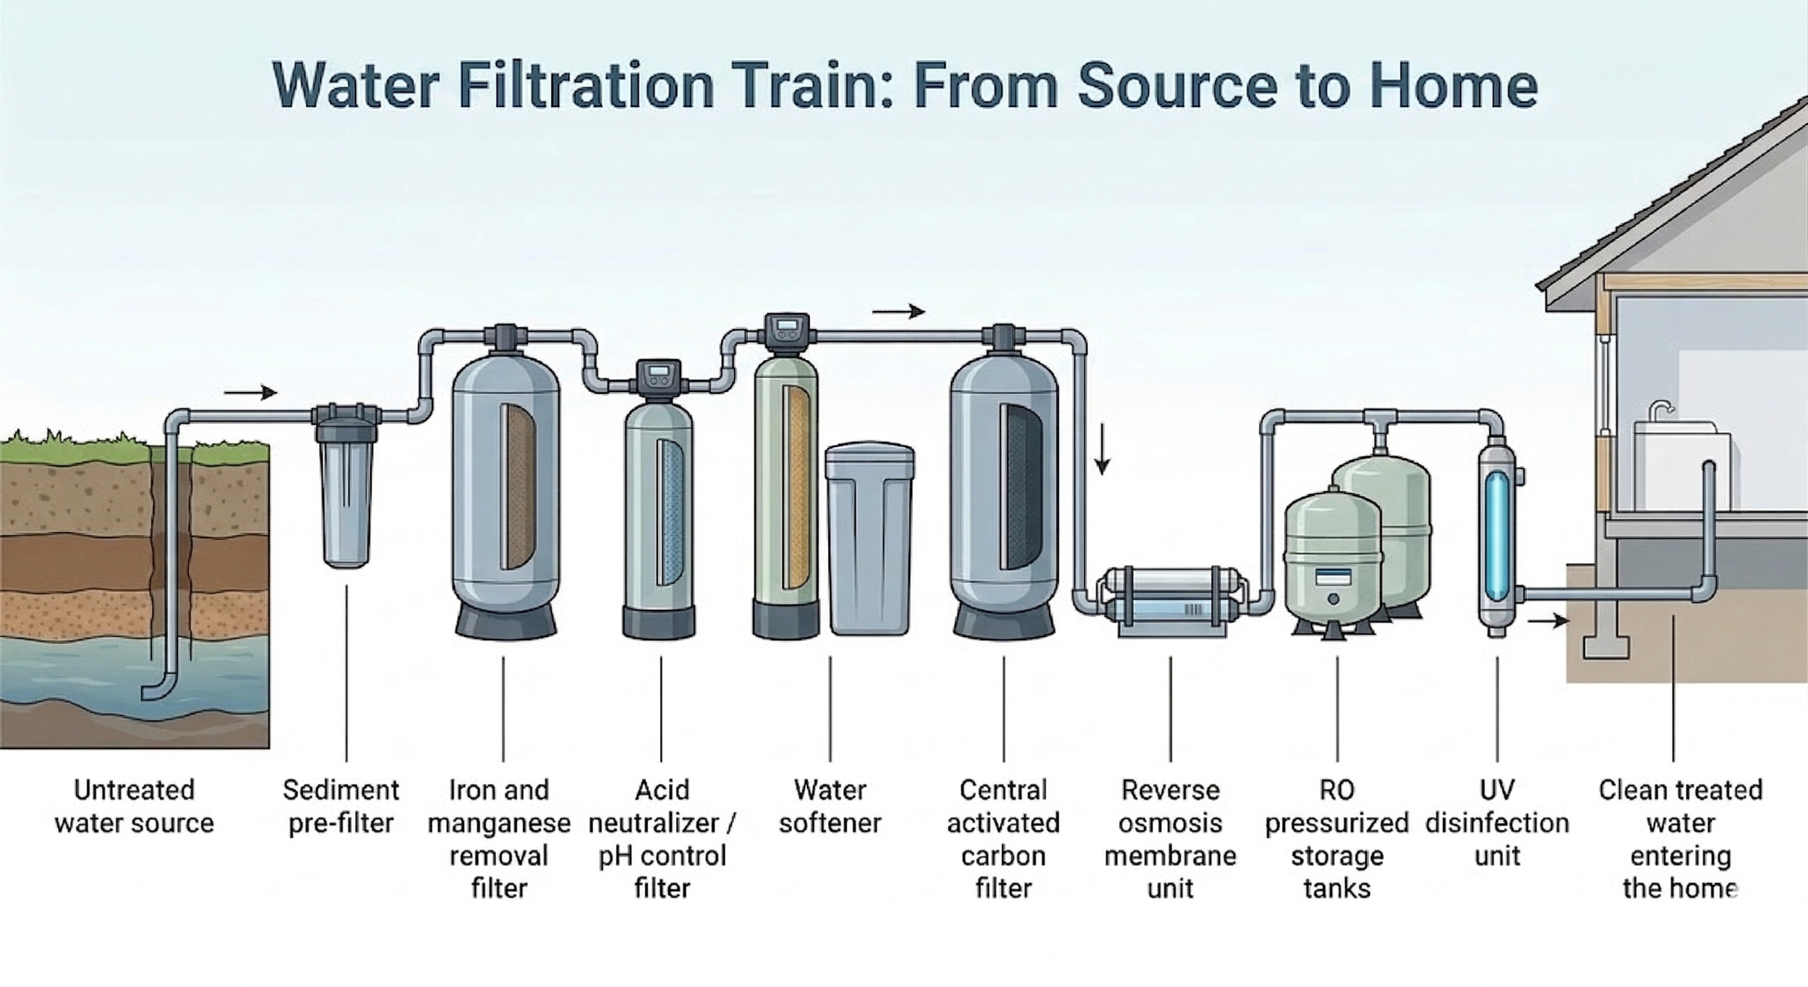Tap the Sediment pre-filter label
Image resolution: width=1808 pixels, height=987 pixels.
point(341,806)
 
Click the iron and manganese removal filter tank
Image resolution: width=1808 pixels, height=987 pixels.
point(506,492)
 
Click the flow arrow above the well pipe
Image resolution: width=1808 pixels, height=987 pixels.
point(250,393)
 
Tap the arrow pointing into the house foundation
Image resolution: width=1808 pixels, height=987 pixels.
point(1548,620)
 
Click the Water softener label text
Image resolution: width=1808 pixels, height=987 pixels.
point(830,806)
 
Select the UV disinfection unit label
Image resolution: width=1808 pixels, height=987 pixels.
point(1497,823)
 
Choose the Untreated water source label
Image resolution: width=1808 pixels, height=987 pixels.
point(135,806)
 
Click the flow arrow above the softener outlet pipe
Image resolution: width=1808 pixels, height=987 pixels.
point(898,312)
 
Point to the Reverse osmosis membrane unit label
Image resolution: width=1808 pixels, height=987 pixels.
point(1170,839)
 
